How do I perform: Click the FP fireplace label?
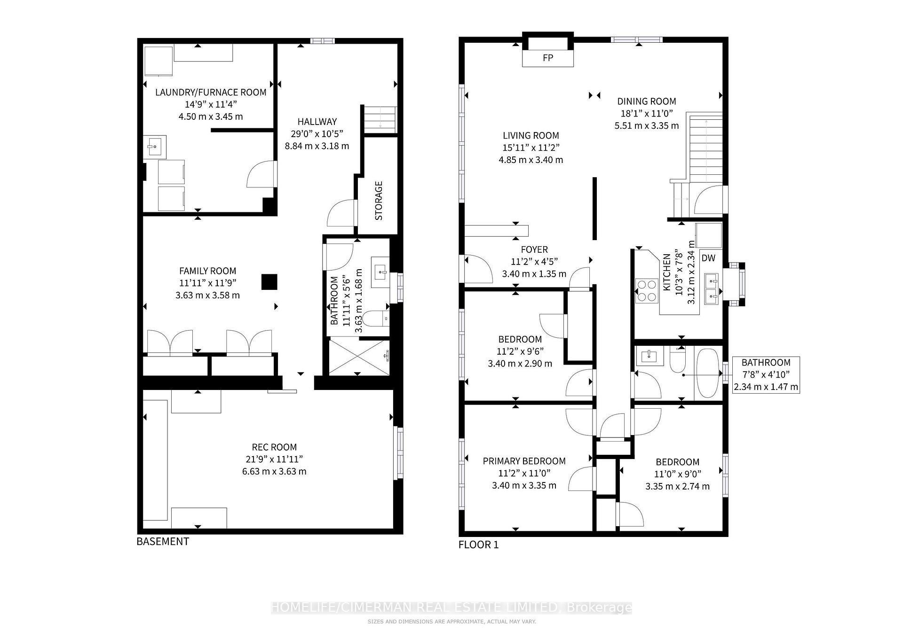tap(548, 58)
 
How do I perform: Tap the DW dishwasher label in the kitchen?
tap(708, 258)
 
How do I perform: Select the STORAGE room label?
tap(379, 201)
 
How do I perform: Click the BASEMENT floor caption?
tap(163, 541)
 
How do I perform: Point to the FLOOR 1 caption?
tap(478, 545)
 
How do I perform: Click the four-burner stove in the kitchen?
tap(647, 291)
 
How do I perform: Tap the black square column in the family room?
tap(269, 282)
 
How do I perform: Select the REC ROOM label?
tap(274, 447)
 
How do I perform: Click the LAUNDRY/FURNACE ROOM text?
tap(211, 92)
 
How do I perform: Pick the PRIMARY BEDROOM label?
tap(524, 461)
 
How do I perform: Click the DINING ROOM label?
tap(647, 101)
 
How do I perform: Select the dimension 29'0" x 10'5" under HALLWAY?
tap(317, 133)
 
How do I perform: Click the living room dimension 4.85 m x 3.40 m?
tap(531, 160)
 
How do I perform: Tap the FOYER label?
tap(534, 249)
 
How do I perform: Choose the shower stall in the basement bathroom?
tap(359, 357)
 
